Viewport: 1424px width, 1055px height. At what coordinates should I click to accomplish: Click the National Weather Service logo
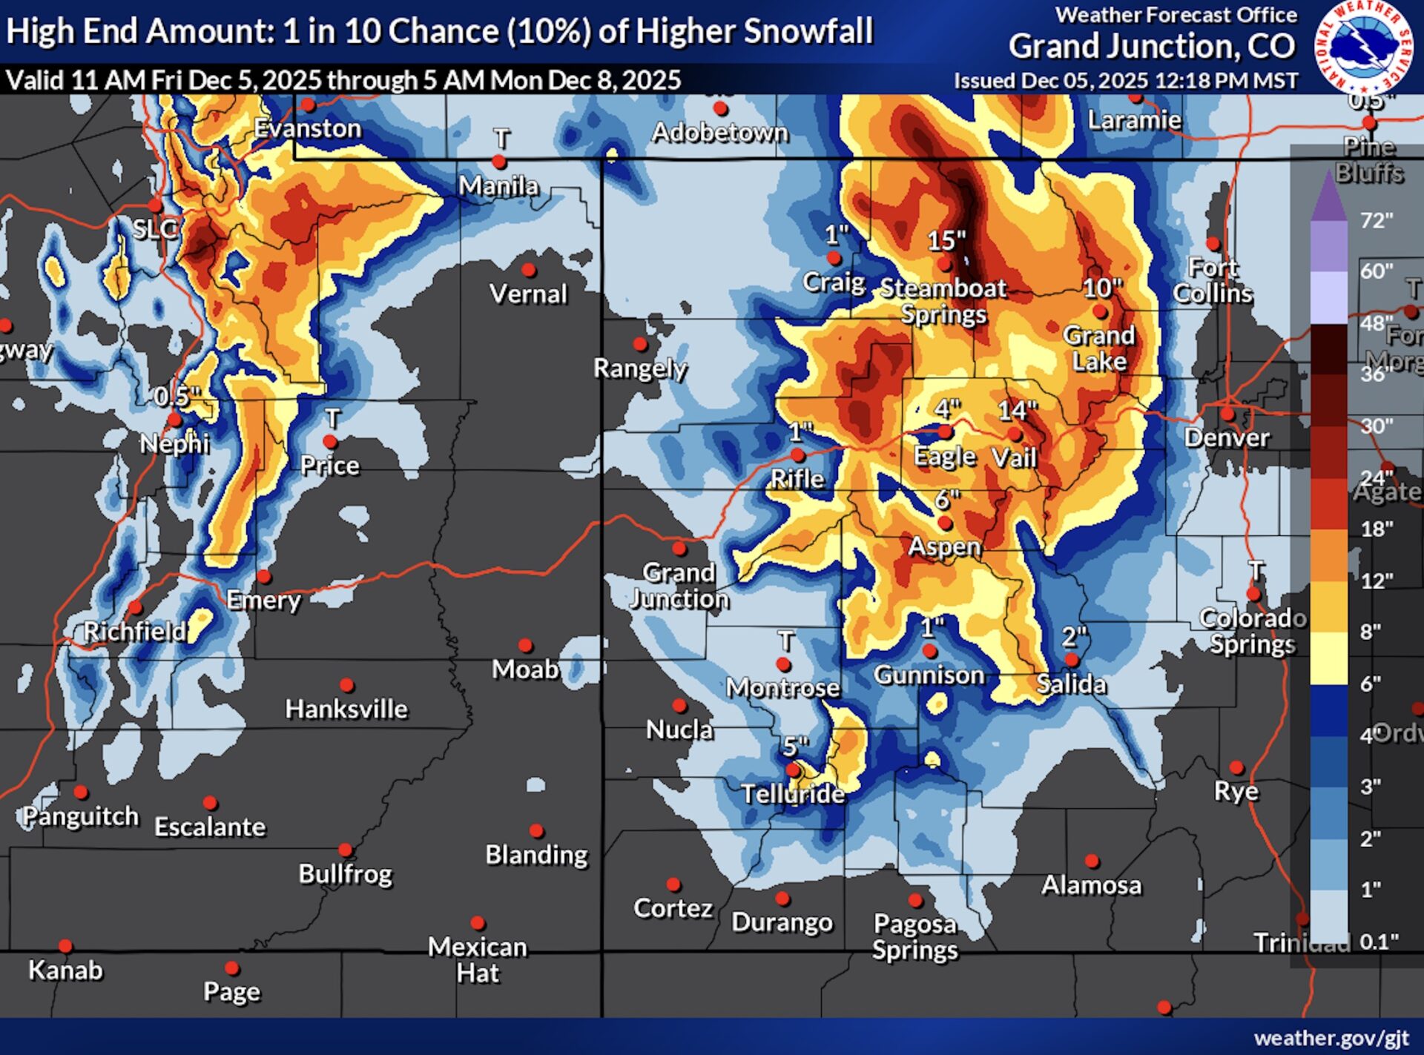pyautogui.click(x=1363, y=46)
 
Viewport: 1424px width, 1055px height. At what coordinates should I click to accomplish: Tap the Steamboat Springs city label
pyautogui.click(x=943, y=300)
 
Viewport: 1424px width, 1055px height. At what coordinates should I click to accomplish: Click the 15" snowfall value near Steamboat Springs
pyautogui.click(x=946, y=240)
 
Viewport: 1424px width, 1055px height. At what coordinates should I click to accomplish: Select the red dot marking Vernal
pyautogui.click(x=529, y=269)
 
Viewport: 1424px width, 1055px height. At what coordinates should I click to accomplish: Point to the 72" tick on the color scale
pyautogui.click(x=1377, y=221)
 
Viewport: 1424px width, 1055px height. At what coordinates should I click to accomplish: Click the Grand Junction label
pyautogui.click(x=679, y=585)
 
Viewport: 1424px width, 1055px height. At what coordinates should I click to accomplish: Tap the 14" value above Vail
pyautogui.click(x=1017, y=410)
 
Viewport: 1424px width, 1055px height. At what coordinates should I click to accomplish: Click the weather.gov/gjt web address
pyautogui.click(x=1331, y=1038)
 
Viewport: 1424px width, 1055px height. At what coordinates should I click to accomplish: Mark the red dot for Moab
pyautogui.click(x=525, y=646)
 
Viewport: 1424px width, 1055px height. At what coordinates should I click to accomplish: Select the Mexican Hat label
pyautogui.click(x=478, y=959)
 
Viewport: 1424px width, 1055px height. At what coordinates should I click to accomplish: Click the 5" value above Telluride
pyautogui.click(x=796, y=746)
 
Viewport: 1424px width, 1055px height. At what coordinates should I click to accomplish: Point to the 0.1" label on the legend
pyautogui.click(x=1379, y=942)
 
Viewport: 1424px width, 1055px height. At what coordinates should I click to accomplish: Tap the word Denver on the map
pyautogui.click(x=1227, y=437)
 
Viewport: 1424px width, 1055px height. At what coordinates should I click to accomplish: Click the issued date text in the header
pyautogui.click(x=1125, y=80)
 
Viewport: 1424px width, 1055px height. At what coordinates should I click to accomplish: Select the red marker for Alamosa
pyautogui.click(x=1092, y=861)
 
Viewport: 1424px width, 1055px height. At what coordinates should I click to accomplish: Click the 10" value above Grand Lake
pyautogui.click(x=1102, y=288)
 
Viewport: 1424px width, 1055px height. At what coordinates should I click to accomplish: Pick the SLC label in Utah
pyautogui.click(x=155, y=228)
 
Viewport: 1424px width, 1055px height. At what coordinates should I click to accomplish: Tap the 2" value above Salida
pyautogui.click(x=1074, y=636)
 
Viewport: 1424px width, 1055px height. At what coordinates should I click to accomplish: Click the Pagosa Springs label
pyautogui.click(x=914, y=936)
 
